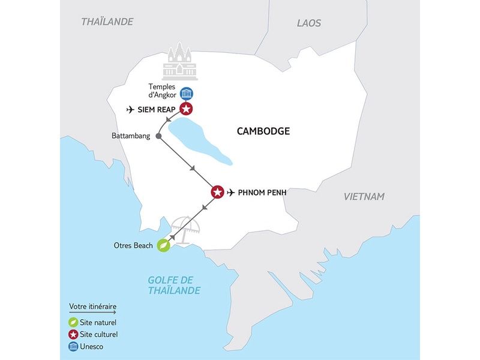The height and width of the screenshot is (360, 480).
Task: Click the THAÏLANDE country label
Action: point(107,22)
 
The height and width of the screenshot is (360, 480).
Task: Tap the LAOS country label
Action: point(309,23)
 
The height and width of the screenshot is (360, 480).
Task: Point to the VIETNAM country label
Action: point(364,197)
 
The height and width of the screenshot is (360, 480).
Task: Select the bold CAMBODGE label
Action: point(263,131)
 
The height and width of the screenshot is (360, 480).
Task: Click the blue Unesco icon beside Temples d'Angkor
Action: point(187,93)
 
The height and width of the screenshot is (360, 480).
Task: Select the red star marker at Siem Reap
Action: point(187,109)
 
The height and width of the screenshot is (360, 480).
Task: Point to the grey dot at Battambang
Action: point(158,136)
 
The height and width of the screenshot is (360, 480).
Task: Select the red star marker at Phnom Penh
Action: point(217,193)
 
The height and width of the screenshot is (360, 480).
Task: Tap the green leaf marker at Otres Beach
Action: point(162,245)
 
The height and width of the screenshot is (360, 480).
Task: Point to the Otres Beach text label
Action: point(133,245)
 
